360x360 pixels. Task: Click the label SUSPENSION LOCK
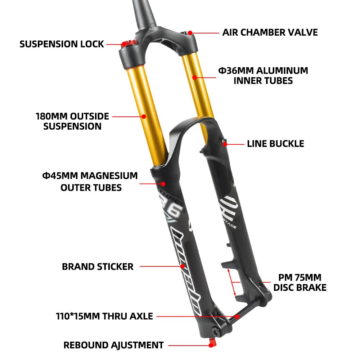coord(62,44)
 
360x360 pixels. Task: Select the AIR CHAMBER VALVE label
coord(270,32)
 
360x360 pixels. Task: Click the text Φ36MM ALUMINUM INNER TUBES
coord(263,75)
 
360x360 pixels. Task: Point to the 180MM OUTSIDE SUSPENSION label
coord(72,121)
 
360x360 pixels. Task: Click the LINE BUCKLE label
coord(275,144)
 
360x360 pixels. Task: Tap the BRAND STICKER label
coord(98,266)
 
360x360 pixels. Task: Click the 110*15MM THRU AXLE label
coord(104,316)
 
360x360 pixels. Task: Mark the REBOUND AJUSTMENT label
coord(113,345)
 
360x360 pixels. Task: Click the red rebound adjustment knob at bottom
coord(211,345)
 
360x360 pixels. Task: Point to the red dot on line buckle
coord(225,144)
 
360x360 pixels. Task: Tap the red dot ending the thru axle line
coord(237,316)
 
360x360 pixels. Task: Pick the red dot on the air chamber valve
coord(190,32)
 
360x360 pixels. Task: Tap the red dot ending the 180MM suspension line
coord(144,116)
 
